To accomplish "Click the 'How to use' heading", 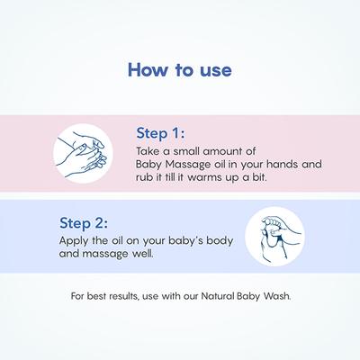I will coord(179,68).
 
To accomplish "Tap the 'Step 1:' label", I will coord(161,133).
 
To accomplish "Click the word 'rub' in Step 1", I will coord(142,178).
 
